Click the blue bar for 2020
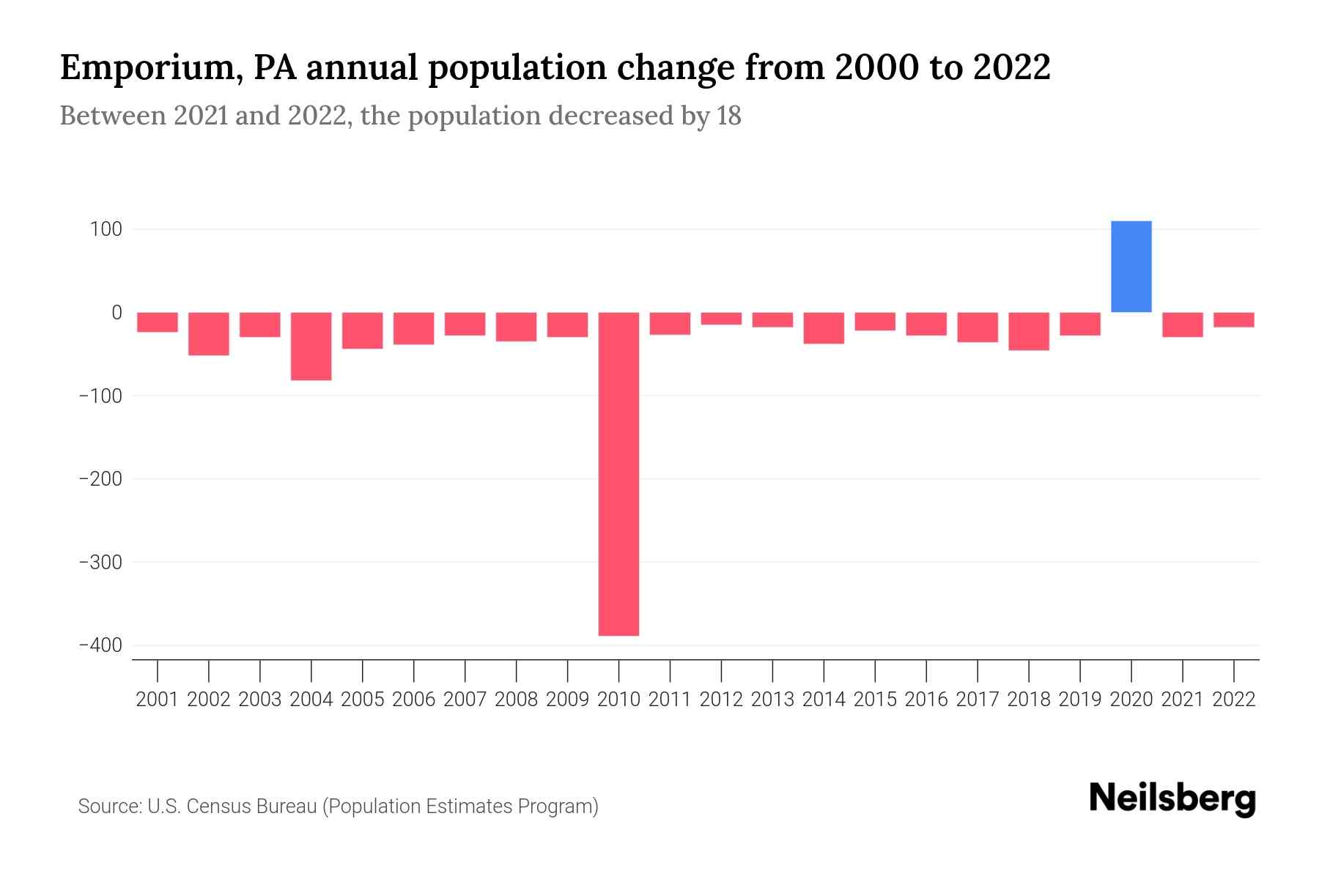1131,267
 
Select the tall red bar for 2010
618,474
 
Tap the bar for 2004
311,346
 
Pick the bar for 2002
209,334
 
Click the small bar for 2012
721,319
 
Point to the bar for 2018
1029,331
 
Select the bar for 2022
1233,319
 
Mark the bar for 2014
824,328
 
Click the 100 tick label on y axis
106,229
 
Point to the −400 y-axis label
100,645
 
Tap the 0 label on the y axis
117,313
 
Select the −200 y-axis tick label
100,479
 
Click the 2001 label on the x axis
158,700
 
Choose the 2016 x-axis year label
926,700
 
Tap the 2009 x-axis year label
567,700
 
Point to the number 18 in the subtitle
728,116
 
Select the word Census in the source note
215,806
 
